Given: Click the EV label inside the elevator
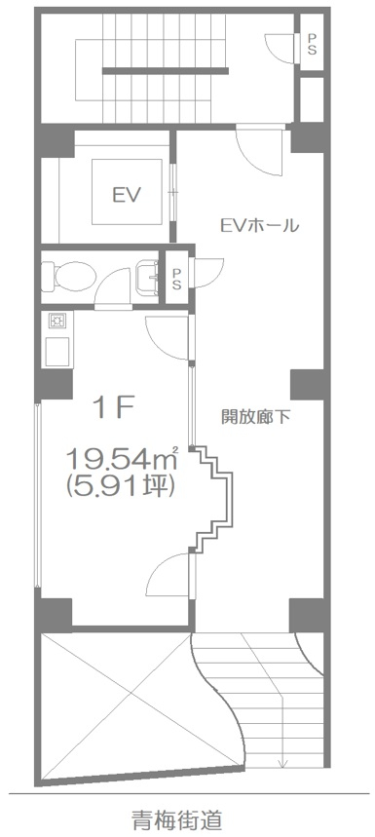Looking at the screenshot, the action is click(126, 195).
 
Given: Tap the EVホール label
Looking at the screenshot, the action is click(259, 226).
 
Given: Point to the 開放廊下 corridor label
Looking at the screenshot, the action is click(255, 417).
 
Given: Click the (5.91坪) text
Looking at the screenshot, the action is click(120, 484).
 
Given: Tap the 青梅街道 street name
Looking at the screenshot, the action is click(177, 818).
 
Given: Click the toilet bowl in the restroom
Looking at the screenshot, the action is click(68, 276).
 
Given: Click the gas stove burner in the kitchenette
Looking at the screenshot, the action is click(56, 321).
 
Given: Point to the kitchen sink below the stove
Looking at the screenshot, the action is click(57, 351).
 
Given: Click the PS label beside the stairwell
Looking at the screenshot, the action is click(312, 44).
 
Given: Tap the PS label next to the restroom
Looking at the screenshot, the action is click(176, 279).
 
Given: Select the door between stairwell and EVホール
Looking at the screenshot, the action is click(259, 149).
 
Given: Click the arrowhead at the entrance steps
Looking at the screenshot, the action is click(282, 762).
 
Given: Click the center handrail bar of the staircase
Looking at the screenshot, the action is click(166, 70).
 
